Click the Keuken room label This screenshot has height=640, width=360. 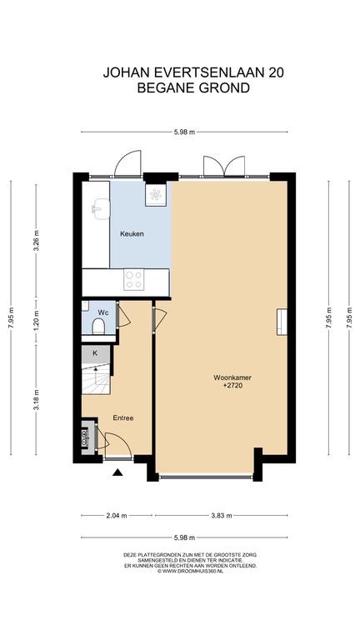tap(132, 234)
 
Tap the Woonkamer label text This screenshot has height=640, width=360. tap(232, 377)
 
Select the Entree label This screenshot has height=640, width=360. tap(123, 418)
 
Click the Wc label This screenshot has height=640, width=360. tap(102, 312)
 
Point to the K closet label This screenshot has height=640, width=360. tap(95, 353)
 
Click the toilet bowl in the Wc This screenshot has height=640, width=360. tap(98, 327)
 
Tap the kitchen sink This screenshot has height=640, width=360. tap(100, 208)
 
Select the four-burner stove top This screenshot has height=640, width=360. tap(134, 280)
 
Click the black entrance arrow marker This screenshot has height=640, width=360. tap(118, 472)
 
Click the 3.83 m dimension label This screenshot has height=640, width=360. tap(221, 516)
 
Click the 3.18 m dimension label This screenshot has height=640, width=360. tap(36, 401)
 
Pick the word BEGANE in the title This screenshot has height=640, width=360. tap(162, 87)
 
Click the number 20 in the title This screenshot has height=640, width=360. tap(276, 72)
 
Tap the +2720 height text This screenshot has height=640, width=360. tap(232, 385)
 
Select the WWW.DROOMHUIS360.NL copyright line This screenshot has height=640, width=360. tap(191, 572)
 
